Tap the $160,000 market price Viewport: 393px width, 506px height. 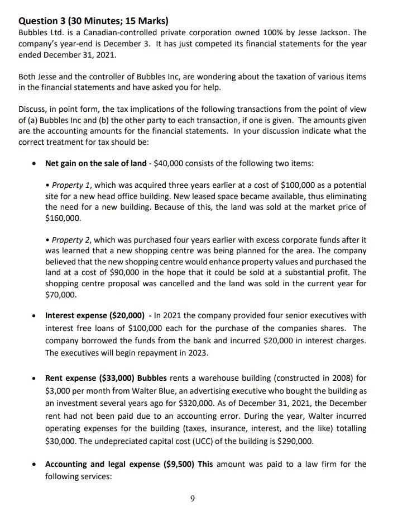[x=63, y=218]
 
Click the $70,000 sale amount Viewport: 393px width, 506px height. [x=61, y=295]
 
